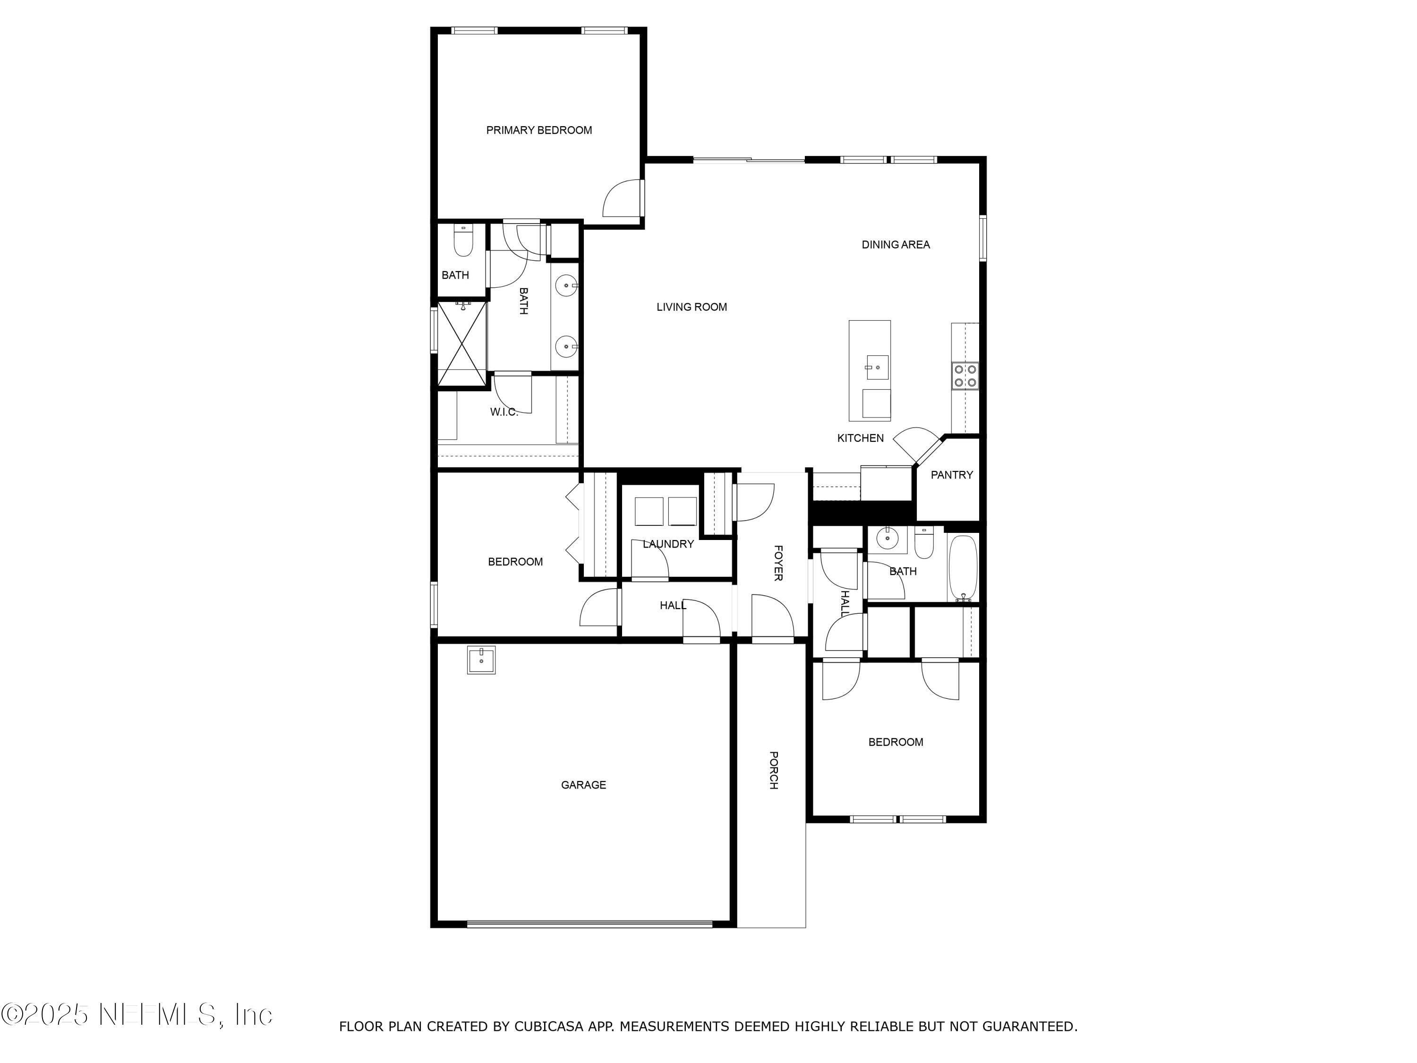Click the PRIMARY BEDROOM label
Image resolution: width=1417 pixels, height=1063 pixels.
pyautogui.click(x=539, y=130)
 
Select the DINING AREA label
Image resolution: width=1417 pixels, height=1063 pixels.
pyautogui.click(x=895, y=244)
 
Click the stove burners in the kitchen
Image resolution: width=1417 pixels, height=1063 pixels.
pyautogui.click(x=965, y=376)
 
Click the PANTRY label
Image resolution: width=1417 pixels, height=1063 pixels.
pyautogui.click(x=951, y=475)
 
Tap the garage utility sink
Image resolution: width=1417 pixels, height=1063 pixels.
pyautogui.click(x=481, y=660)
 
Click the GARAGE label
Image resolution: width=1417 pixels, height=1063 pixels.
pyautogui.click(x=583, y=785)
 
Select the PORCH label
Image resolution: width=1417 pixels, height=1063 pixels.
pyautogui.click(x=773, y=770)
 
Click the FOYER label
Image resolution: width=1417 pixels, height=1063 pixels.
pyautogui.click(x=777, y=563)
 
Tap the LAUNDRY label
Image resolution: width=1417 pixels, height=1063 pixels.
pyautogui.click(x=668, y=544)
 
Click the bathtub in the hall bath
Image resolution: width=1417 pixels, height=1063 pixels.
pyautogui.click(x=962, y=567)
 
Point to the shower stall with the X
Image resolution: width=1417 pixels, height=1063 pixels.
pyautogui.click(x=462, y=344)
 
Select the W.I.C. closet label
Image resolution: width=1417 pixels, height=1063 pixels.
pyautogui.click(x=504, y=412)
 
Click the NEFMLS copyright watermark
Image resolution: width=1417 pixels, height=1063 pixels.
pyautogui.click(x=137, y=1014)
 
